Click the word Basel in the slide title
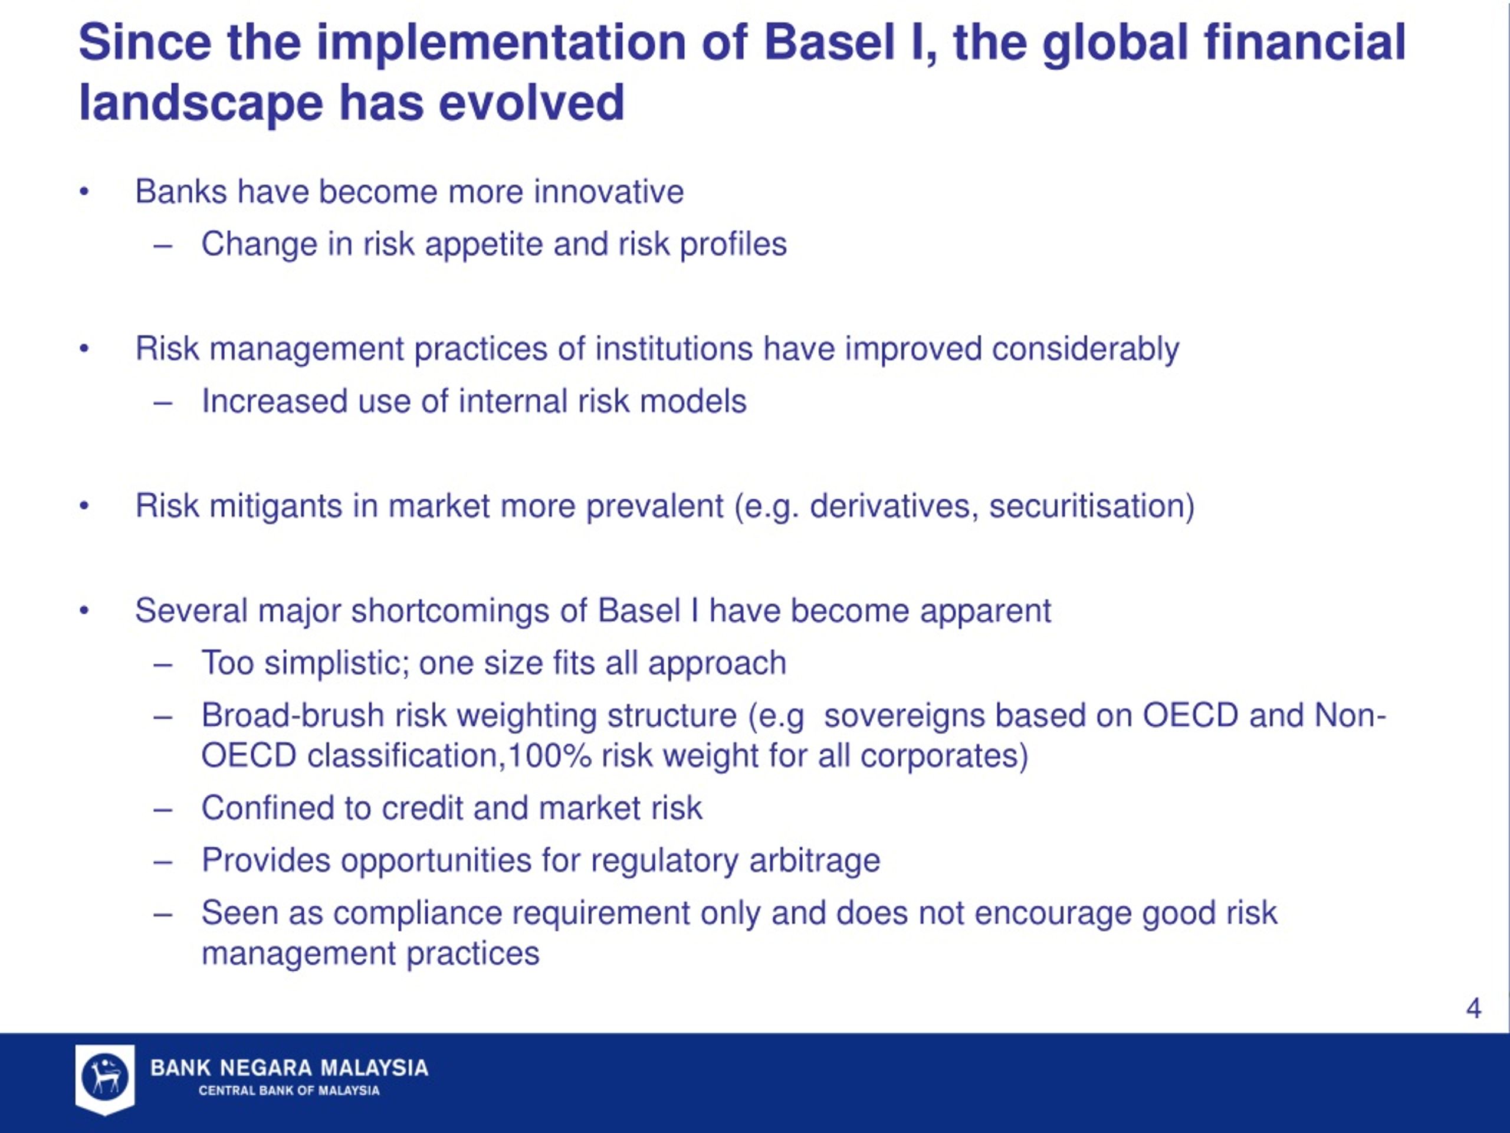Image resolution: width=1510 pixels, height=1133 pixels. coord(829,42)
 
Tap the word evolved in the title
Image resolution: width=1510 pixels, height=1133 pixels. coord(531,103)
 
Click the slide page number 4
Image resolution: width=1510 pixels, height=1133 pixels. coord(1473,1008)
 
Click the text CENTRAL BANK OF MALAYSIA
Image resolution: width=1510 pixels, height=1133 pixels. coord(289,1091)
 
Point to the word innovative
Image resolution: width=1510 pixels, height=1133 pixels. coord(608,191)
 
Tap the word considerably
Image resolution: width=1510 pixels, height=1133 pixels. coord(1085,349)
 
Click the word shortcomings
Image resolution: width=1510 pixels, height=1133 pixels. coord(450,611)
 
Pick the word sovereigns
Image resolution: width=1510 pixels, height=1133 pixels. coord(905,716)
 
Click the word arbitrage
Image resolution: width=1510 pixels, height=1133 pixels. coord(815,860)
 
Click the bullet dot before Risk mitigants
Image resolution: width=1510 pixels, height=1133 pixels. coord(84,506)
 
